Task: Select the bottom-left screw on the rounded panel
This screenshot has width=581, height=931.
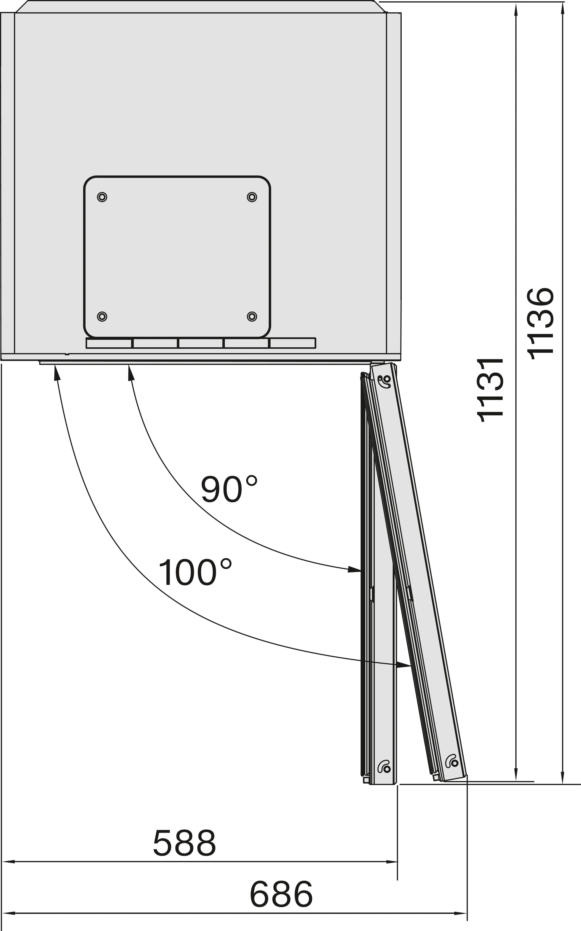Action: point(102,316)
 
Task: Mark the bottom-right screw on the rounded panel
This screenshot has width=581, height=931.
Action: point(252,316)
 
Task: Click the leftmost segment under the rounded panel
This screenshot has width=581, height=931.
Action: point(109,343)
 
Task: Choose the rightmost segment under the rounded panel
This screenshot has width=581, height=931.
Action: point(293,343)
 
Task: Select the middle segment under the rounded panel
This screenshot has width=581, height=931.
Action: point(201,343)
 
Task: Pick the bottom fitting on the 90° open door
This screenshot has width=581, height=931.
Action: point(384,767)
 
